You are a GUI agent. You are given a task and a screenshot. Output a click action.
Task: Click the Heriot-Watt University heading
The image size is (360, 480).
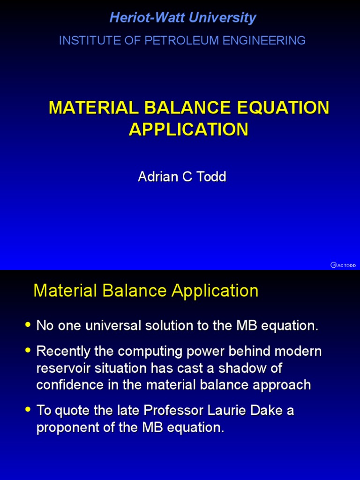(x=182, y=18)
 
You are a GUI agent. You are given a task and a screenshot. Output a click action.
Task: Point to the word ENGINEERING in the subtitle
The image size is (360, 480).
(x=264, y=41)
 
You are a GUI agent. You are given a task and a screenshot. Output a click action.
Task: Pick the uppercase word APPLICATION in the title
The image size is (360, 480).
(x=188, y=129)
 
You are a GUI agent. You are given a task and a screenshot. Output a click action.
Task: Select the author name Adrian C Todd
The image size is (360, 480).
(x=182, y=177)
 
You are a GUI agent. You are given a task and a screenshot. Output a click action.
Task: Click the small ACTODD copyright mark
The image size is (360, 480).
(x=343, y=265)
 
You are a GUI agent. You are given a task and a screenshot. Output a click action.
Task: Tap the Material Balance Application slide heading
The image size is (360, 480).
(x=146, y=291)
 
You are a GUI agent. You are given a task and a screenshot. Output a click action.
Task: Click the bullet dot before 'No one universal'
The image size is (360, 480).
(x=28, y=324)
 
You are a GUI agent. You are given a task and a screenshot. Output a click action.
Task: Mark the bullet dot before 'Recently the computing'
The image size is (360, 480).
(x=28, y=350)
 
